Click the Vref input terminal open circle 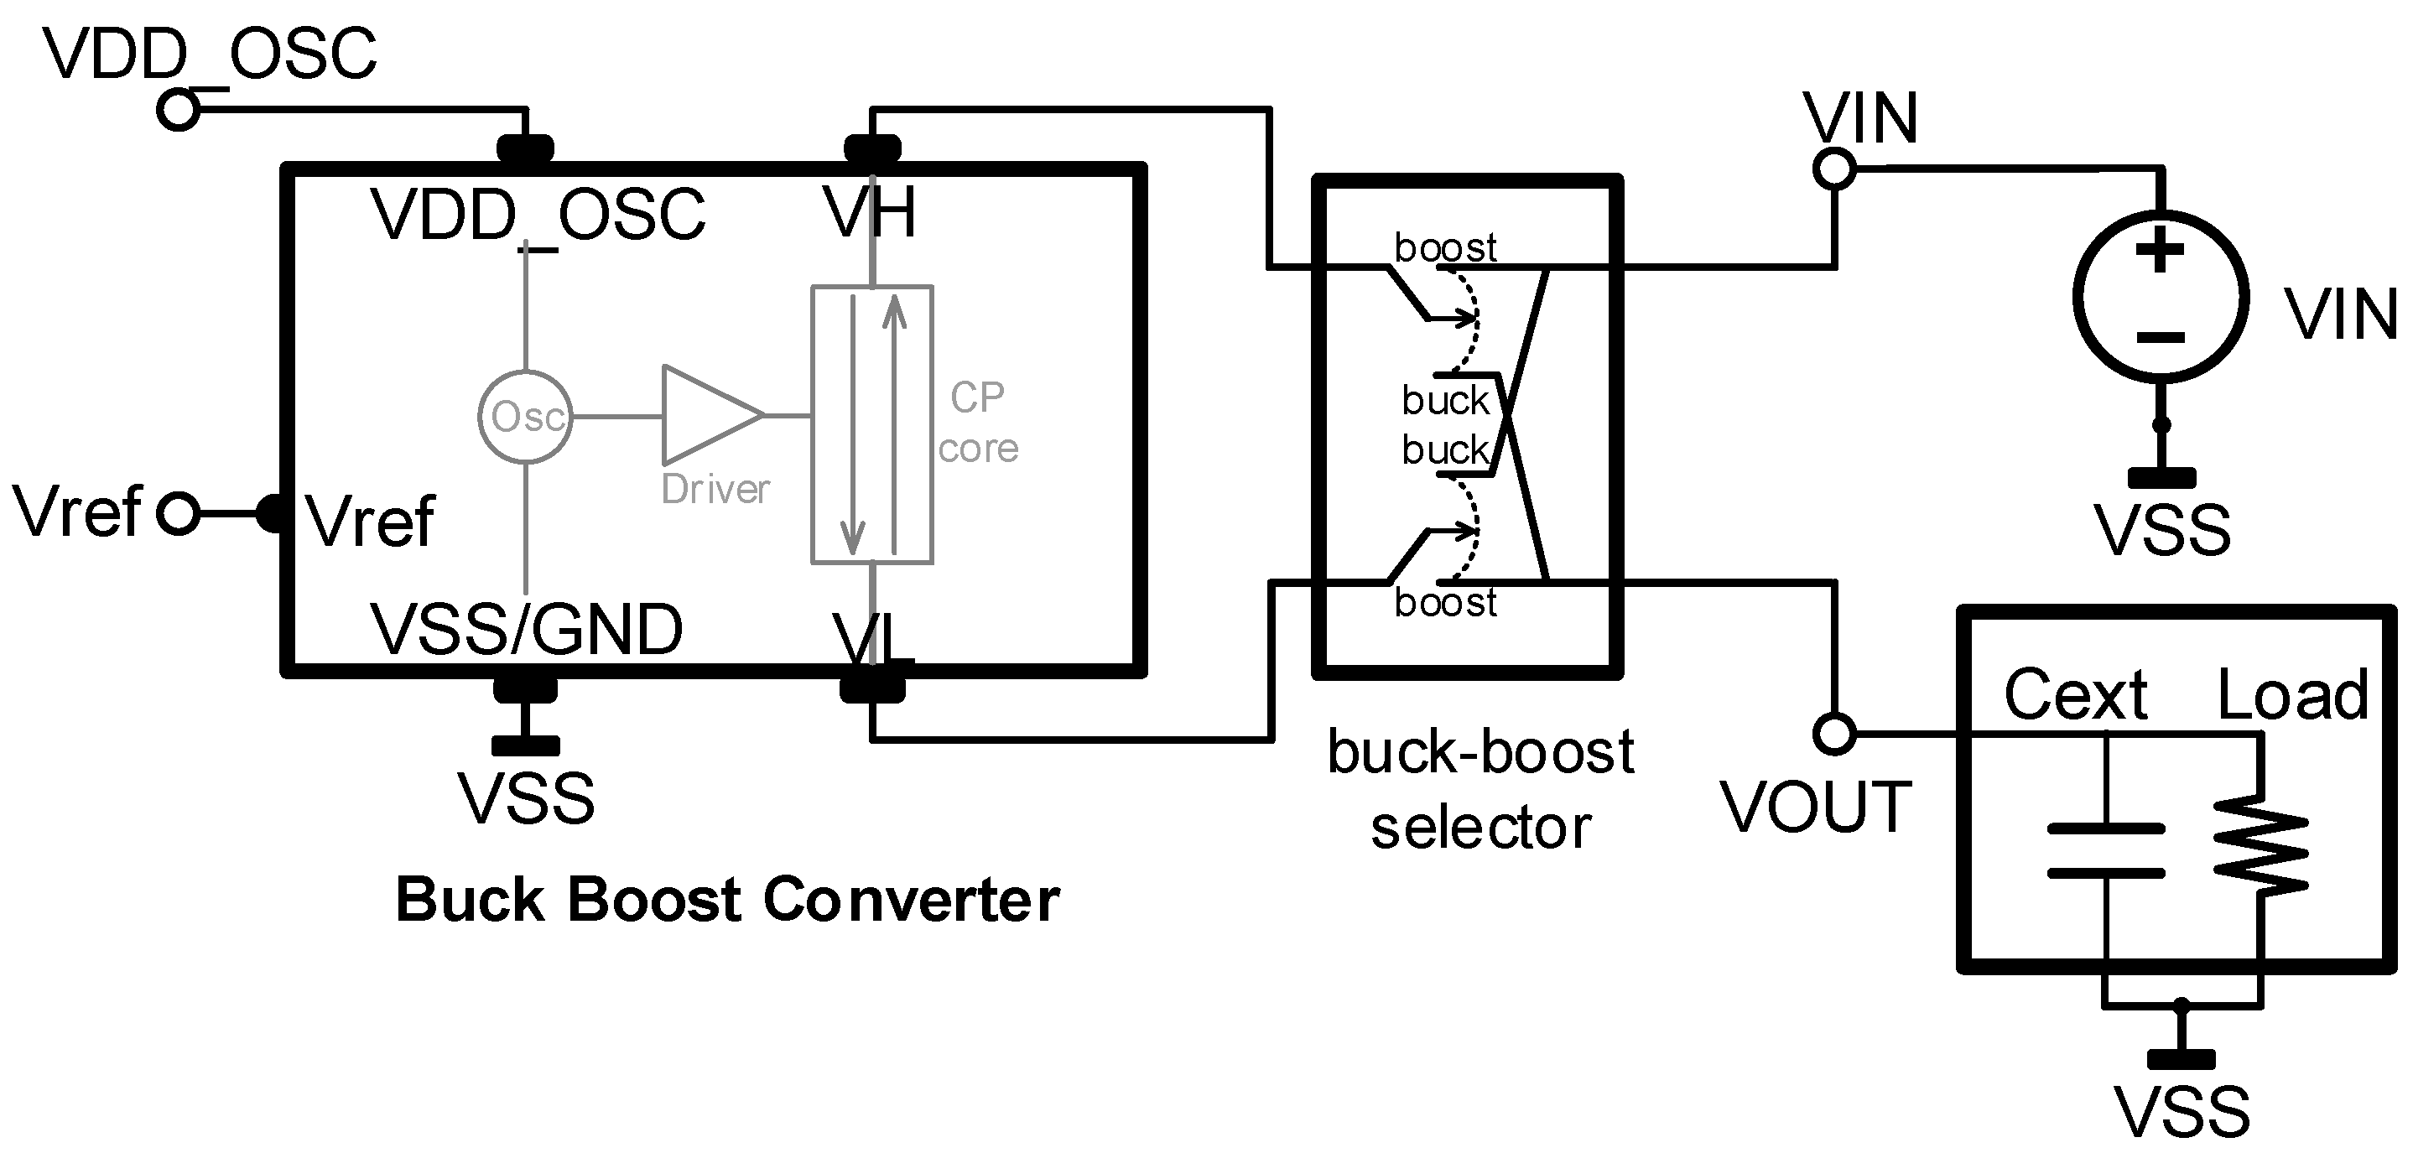[178, 514]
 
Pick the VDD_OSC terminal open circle [178, 111]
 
